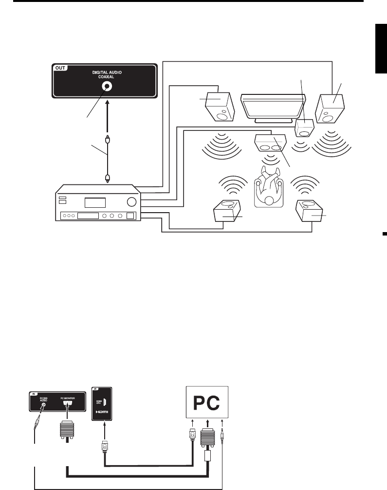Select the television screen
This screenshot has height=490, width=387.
coord(273,106)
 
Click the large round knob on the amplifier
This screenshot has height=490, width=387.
coord(131,202)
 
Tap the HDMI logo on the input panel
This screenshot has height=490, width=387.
coord(102,412)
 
